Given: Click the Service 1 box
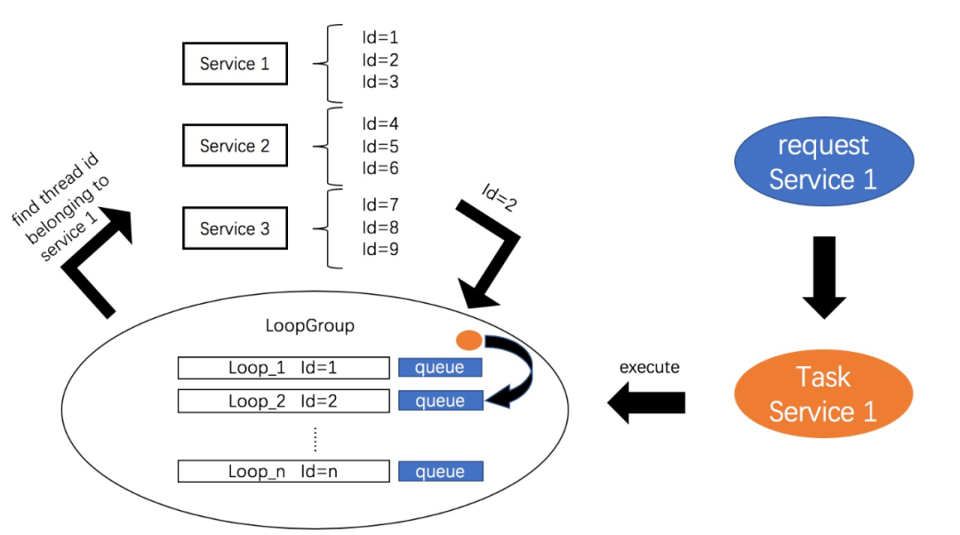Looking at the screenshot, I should pos(235,64).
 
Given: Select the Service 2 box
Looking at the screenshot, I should pos(235,146).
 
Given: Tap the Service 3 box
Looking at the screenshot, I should pos(235,228).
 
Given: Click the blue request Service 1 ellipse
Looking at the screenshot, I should pos(823,163).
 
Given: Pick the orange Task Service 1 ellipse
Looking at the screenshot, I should pos(823,395).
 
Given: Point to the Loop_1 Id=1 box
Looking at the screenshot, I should pos(284,368).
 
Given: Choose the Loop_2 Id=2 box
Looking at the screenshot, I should pos(284,401).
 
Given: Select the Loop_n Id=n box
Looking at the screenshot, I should pos(284,471).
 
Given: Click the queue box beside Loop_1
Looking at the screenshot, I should pos(440,368).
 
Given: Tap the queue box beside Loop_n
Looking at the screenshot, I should pos(440,471).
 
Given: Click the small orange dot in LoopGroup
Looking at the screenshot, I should pos(468,339).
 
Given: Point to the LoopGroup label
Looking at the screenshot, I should pos(309,326).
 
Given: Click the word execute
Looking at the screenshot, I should pos(649,367).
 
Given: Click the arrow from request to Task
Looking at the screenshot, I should pos(824,276).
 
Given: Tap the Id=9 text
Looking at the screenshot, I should pos(380,250).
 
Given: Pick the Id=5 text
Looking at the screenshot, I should pos(380,146).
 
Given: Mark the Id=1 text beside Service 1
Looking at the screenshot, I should pos(380,38).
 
